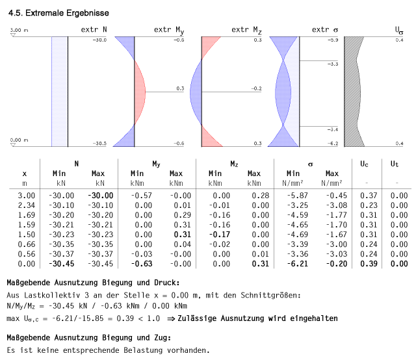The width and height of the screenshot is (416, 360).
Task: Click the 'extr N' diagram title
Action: point(94,30)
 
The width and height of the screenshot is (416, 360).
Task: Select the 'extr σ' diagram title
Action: point(325,30)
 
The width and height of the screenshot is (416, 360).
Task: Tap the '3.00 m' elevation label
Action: point(19,31)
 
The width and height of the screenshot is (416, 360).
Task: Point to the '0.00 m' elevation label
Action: point(19,140)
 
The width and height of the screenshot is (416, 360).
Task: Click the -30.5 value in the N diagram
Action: point(99,143)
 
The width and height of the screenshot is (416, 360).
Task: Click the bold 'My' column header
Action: point(157,164)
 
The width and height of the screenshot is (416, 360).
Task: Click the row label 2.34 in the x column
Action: point(25,205)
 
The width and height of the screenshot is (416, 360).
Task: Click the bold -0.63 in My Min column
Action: point(137,264)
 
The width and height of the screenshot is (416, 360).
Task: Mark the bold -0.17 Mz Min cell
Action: point(215,234)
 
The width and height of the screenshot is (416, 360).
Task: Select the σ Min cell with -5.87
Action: point(293,195)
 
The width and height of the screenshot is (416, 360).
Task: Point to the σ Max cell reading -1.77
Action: point(332,214)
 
